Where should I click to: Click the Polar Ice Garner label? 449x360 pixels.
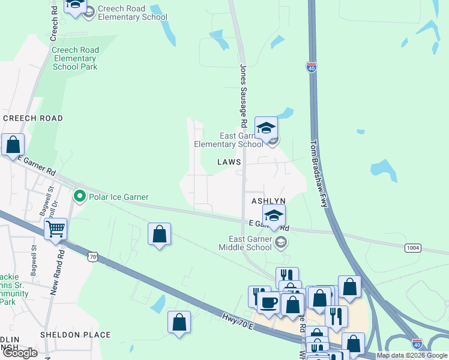pyautogui.click(x=119, y=197)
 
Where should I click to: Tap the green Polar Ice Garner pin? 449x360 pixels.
pyautogui.click(x=79, y=196)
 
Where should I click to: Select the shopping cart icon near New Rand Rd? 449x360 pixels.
pyautogui.click(x=55, y=228)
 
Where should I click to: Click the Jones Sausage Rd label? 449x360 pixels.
pyautogui.click(x=244, y=96)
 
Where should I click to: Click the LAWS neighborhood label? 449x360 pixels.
pyautogui.click(x=229, y=162)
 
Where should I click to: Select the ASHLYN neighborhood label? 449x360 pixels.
pyautogui.click(x=268, y=200)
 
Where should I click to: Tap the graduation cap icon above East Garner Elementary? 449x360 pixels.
pyautogui.click(x=266, y=127)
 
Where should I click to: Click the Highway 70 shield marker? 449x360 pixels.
pyautogui.click(x=92, y=257)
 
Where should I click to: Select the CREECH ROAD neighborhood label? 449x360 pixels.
pyautogui.click(x=32, y=118)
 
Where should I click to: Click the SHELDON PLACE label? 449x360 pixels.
pyautogui.click(x=75, y=335)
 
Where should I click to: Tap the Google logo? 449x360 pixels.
pyautogui.click(x=20, y=353)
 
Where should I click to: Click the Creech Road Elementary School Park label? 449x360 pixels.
pyautogui.click(x=74, y=58)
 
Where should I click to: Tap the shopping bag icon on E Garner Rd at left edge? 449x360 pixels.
pyautogui.click(x=13, y=145)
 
